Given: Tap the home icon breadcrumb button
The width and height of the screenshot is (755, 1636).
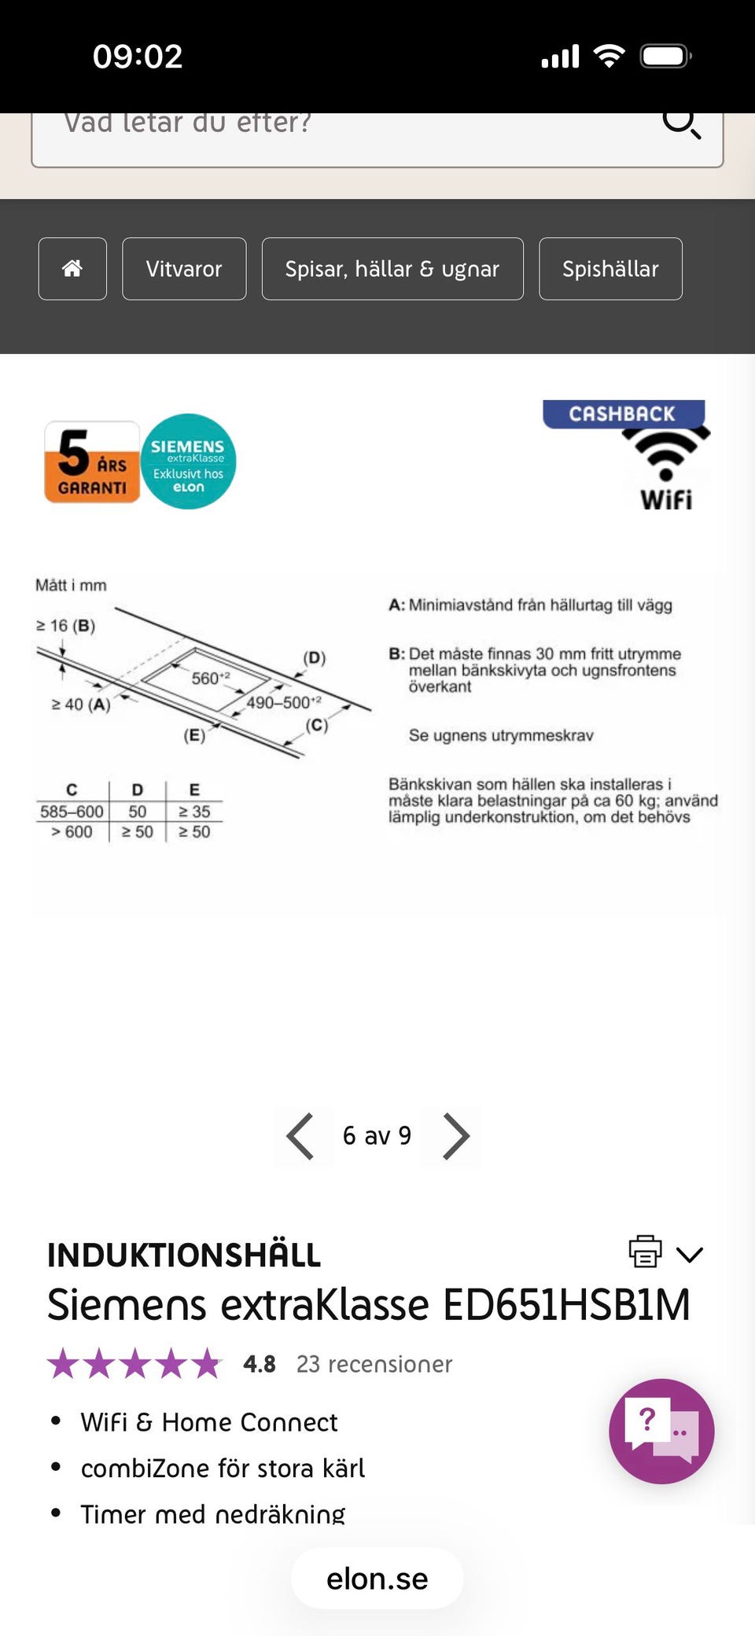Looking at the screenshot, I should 72,269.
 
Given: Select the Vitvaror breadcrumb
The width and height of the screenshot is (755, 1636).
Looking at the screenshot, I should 184,269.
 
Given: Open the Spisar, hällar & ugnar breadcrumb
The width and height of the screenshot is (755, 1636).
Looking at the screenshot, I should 392,269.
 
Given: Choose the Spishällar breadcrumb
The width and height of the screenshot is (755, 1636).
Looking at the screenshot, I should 610,269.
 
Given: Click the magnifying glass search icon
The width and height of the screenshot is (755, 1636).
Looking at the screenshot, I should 680,123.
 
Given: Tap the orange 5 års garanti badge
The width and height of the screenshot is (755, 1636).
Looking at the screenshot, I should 92,462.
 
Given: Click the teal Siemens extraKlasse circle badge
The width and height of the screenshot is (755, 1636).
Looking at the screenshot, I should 189,461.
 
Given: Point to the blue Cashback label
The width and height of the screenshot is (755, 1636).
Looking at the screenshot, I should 623,414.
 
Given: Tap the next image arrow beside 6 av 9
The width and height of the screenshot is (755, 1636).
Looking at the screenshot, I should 455,1136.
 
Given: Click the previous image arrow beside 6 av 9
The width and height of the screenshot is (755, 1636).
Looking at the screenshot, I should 300,1136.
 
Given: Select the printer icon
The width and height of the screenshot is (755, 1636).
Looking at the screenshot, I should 645,1251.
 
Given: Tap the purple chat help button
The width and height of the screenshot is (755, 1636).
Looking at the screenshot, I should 661,1431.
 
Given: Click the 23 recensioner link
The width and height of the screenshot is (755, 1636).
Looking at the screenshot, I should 374,1364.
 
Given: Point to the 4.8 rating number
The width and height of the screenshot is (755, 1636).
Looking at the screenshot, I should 260,1364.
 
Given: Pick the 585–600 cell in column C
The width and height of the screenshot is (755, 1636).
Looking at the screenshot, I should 72,811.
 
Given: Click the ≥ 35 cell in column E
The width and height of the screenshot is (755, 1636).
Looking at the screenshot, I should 194,811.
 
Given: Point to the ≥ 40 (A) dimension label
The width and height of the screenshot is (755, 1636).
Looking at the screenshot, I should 81,704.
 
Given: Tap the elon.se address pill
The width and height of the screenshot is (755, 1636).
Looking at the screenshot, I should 377,1579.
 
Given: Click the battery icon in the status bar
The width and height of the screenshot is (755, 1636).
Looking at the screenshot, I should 665,57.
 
